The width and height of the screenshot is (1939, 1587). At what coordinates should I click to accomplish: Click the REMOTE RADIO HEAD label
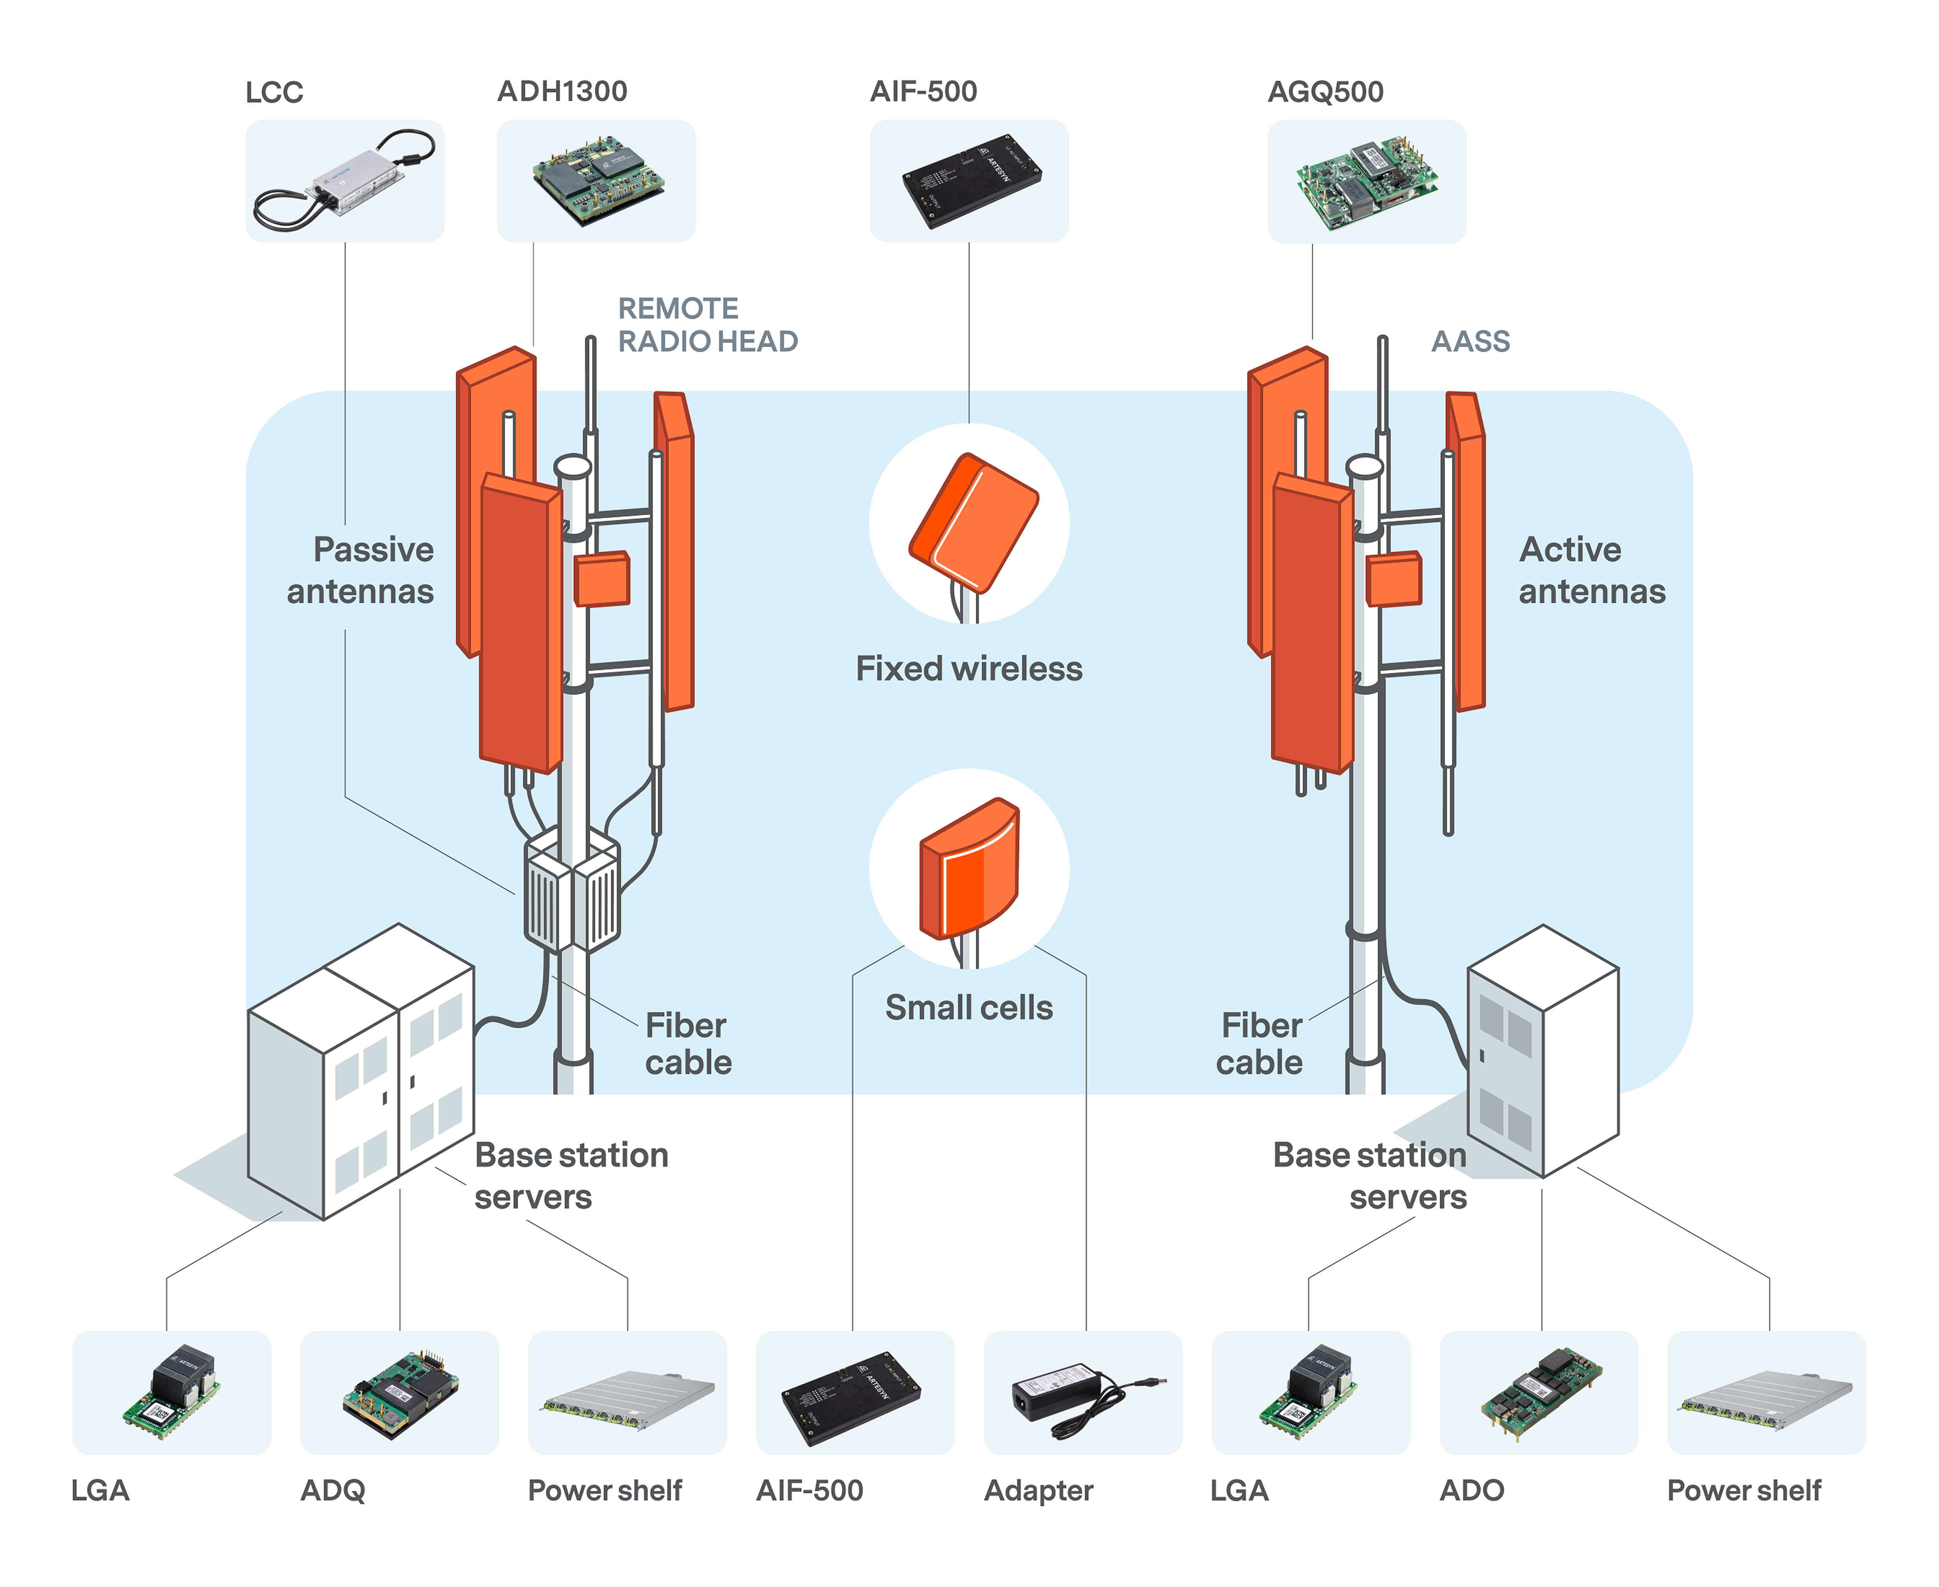tap(707, 325)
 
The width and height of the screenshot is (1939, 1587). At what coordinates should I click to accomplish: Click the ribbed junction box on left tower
tap(571, 891)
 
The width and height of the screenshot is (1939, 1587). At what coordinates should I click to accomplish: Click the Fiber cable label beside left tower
tap(688, 1044)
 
